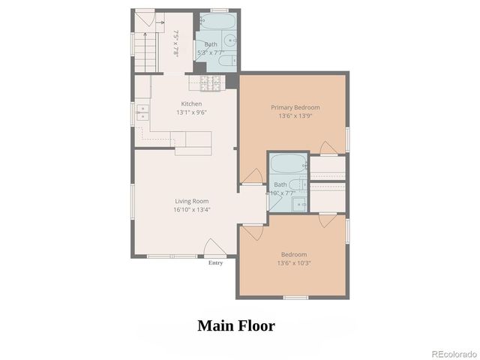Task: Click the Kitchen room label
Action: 191,103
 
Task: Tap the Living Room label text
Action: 191,201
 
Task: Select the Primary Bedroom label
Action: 294,107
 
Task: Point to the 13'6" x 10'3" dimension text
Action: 294,262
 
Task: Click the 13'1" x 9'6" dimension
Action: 191,112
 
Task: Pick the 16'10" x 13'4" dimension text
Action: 191,210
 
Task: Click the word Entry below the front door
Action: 215,263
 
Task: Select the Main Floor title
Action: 235,325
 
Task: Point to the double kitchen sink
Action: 142,113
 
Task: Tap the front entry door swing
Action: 213,248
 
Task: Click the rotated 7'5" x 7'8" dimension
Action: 177,43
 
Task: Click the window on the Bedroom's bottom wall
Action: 294,298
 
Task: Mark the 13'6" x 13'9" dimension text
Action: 294,116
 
